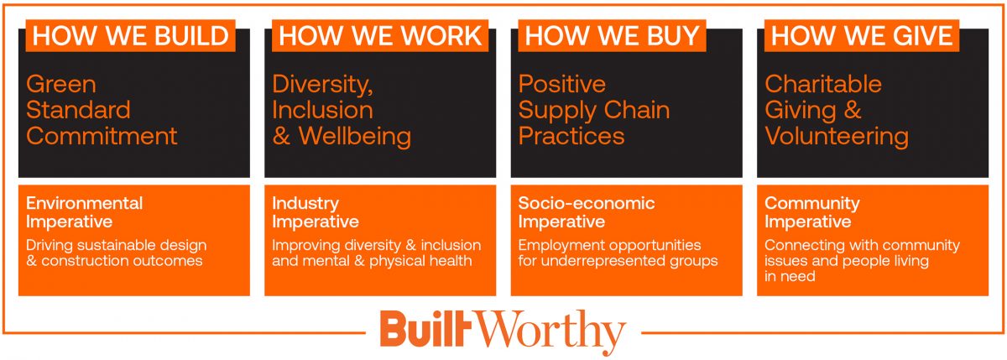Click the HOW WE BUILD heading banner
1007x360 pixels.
[x=130, y=35]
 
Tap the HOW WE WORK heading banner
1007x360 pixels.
[x=380, y=35]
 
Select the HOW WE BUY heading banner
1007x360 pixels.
[x=612, y=35]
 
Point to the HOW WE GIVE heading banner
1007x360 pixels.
[x=862, y=35]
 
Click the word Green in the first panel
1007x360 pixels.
[x=61, y=85]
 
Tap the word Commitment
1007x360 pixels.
[x=102, y=136]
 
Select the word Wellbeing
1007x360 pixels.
[x=355, y=137]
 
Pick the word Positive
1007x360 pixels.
[x=562, y=84]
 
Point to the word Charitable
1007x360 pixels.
[x=823, y=84]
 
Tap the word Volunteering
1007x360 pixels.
[x=837, y=137]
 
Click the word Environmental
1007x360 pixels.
[x=85, y=203]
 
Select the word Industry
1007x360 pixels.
[x=305, y=204]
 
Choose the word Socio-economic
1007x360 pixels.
[x=587, y=203]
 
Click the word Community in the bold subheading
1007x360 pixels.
[x=812, y=204]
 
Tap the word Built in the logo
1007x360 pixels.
[x=425, y=328]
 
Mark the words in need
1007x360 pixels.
[x=790, y=276]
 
